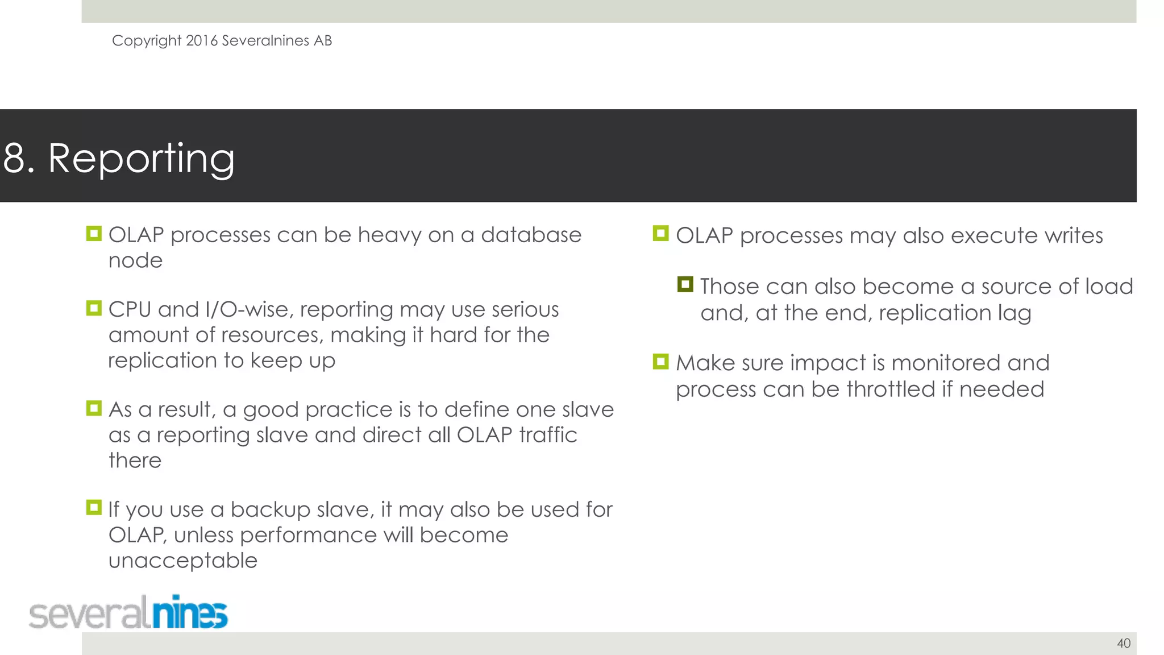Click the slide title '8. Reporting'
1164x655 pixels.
(x=119, y=158)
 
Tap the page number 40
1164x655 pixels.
(x=1124, y=643)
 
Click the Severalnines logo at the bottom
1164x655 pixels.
(x=128, y=613)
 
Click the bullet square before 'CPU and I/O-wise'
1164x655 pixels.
(x=94, y=308)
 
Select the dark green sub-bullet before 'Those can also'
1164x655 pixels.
(x=685, y=284)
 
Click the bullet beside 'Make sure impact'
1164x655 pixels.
(x=660, y=362)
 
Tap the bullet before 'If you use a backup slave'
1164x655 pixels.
(x=94, y=507)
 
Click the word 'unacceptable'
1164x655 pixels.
(x=183, y=561)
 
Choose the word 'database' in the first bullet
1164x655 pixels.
(x=531, y=235)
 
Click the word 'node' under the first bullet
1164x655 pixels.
(x=135, y=260)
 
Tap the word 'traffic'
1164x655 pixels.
(x=548, y=435)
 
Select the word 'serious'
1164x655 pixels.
(x=525, y=309)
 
